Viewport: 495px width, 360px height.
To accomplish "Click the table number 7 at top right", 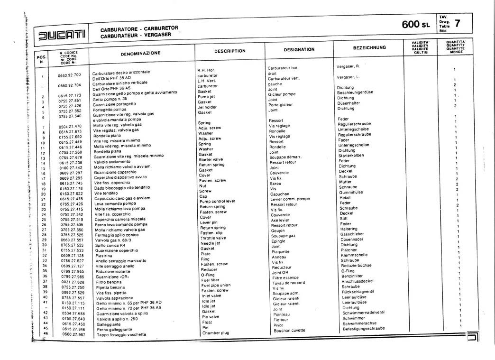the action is click(457, 23).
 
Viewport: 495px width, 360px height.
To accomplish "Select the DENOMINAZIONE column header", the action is click(140, 54).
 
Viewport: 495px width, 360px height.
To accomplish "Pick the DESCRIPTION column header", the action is click(229, 51).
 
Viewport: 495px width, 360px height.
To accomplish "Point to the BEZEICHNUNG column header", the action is click(369, 48).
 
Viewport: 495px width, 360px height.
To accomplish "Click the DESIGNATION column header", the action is click(299, 49).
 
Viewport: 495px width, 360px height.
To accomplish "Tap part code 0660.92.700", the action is click(69, 75).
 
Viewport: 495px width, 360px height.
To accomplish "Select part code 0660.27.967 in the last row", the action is click(73, 334).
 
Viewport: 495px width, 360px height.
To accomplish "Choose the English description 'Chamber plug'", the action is click(215, 333).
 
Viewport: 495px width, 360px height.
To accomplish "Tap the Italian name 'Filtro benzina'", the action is click(109, 282).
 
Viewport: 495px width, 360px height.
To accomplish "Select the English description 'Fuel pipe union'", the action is click(216, 286).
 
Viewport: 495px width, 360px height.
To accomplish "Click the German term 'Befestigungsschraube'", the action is click(364, 328).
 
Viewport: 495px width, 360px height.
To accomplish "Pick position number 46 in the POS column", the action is click(46, 334).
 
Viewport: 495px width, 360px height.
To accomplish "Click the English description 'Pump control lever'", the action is click(217, 202).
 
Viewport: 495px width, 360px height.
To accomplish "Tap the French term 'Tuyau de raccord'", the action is click(288, 283).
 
